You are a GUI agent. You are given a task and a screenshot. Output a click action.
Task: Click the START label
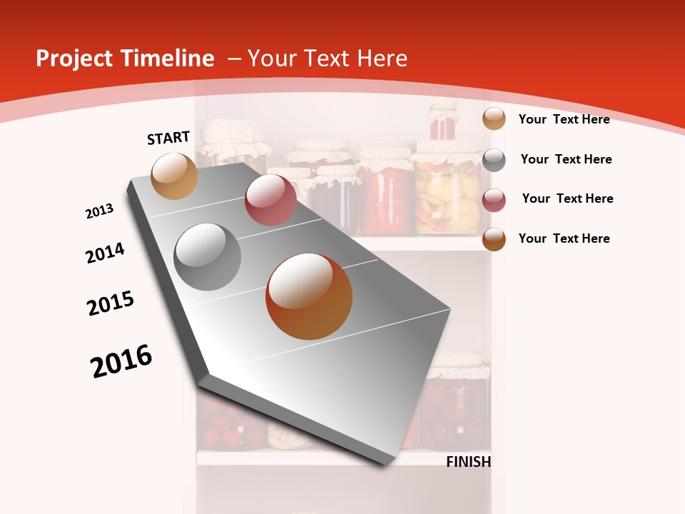point(168,138)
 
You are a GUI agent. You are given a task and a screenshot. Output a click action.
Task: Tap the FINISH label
point(469,462)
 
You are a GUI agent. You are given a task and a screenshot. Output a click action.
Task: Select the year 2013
point(99,211)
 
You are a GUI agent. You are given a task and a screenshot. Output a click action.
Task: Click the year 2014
point(105,253)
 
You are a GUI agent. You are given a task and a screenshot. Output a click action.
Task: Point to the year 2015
point(111,303)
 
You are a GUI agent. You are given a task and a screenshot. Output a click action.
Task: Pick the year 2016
point(121,361)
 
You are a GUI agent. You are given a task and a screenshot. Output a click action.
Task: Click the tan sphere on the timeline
point(175,176)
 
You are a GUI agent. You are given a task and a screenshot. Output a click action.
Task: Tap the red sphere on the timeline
point(270,200)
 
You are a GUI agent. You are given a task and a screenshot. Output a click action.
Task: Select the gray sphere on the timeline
point(208,257)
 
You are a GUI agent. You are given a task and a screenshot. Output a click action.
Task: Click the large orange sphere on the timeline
point(309,296)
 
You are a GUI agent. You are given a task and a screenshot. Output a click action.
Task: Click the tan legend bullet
point(494,119)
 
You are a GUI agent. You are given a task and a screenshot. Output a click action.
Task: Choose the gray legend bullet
point(494,160)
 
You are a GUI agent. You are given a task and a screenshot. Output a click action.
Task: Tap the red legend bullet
point(494,200)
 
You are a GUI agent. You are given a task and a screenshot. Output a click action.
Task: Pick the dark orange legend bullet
point(494,239)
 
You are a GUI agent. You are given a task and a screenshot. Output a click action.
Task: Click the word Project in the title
point(74,59)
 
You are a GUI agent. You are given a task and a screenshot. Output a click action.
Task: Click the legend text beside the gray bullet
point(566,159)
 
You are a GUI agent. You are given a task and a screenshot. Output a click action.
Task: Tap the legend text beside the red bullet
point(567,198)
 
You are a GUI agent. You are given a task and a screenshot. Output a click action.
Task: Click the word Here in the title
point(382,59)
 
